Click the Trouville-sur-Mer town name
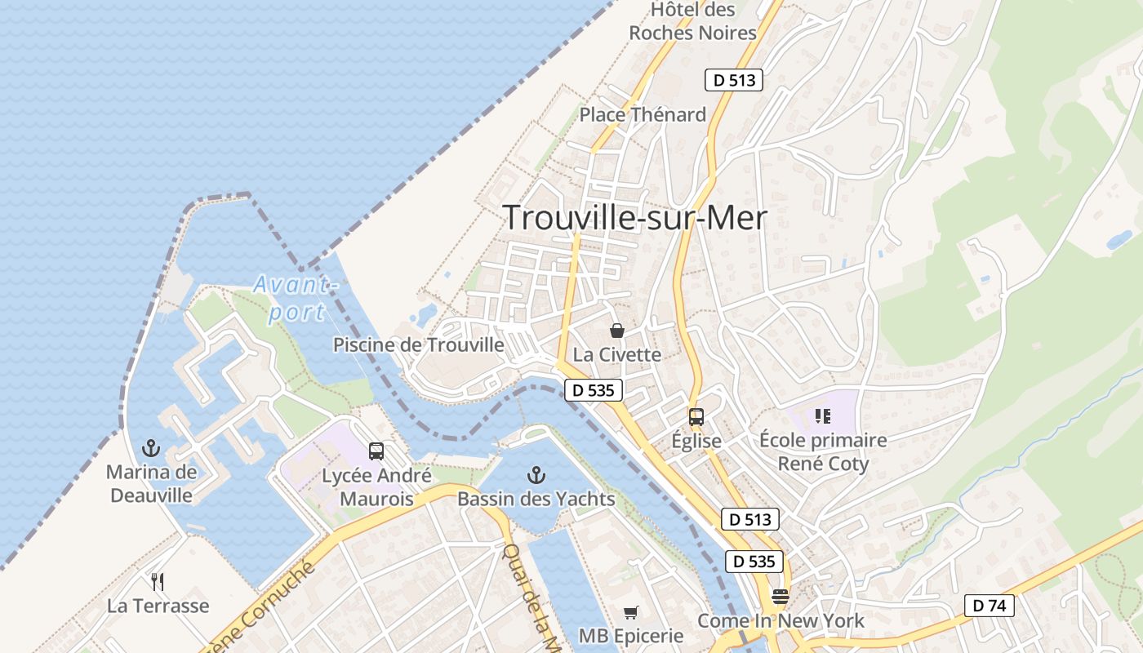(x=635, y=218)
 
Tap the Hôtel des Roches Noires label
(x=693, y=22)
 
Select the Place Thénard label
(x=643, y=115)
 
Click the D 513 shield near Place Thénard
(x=733, y=80)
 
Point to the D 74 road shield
(x=989, y=606)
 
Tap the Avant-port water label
(x=294, y=298)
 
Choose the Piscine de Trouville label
(x=418, y=345)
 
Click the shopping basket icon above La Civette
(x=617, y=331)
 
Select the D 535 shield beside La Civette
(x=594, y=390)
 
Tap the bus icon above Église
(x=696, y=417)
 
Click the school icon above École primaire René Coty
(x=822, y=416)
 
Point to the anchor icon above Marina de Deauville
(x=150, y=447)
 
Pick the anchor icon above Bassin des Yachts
(x=536, y=474)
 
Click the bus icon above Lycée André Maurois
(x=376, y=451)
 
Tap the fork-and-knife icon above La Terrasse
(x=158, y=582)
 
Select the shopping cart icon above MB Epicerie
(x=630, y=612)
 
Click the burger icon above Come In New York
(x=781, y=597)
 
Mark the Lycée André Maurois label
(x=376, y=487)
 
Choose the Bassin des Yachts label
(x=536, y=499)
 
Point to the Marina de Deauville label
(x=151, y=483)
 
